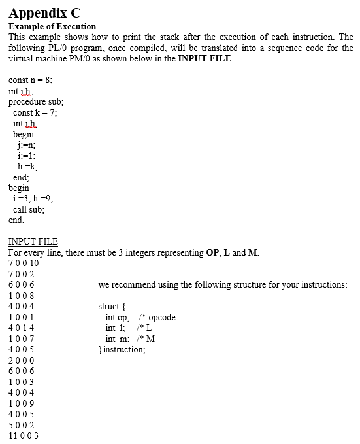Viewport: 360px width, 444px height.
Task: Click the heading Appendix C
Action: point(44,11)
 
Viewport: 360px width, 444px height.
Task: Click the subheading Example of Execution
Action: point(52,26)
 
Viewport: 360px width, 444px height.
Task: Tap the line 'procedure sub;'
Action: point(36,102)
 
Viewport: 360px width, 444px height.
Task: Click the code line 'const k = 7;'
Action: point(35,112)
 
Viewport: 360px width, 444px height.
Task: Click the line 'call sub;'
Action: point(29,209)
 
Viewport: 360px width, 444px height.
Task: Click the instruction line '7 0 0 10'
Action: point(24,264)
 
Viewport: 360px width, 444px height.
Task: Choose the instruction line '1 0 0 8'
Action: point(21,296)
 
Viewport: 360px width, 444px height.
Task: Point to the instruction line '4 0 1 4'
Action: point(21,328)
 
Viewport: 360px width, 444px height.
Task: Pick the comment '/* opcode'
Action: point(156,317)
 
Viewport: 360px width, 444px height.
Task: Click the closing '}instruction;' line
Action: point(122,349)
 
